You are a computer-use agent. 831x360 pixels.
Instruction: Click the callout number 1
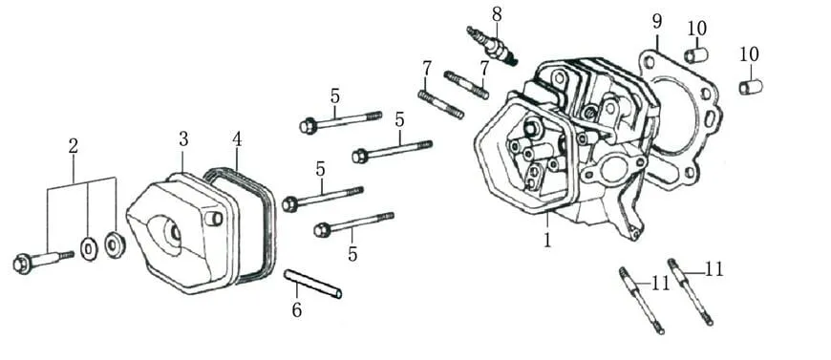pyautogui.click(x=546, y=239)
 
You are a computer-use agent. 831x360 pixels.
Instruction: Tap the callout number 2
pyautogui.click(x=74, y=146)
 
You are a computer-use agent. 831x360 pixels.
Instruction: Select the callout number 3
pyautogui.click(x=183, y=138)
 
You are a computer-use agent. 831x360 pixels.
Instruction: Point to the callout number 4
pyautogui.click(x=237, y=138)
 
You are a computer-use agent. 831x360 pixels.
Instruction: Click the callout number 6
pyautogui.click(x=297, y=309)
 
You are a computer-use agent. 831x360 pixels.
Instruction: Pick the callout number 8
pyautogui.click(x=497, y=14)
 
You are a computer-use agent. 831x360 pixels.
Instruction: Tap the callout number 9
pyautogui.click(x=657, y=22)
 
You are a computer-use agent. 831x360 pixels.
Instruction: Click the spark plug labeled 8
pyautogui.click(x=492, y=46)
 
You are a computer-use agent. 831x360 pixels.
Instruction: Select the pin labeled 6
pyautogui.click(x=312, y=285)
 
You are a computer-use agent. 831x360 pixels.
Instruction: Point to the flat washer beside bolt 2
pyautogui.click(x=89, y=249)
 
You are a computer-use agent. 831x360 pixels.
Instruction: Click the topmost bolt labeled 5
pyautogui.click(x=340, y=121)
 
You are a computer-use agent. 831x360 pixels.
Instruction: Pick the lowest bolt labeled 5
pyautogui.click(x=353, y=223)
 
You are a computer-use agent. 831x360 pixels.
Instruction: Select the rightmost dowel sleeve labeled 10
pyautogui.click(x=751, y=86)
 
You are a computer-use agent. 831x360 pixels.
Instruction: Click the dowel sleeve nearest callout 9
pyautogui.click(x=696, y=54)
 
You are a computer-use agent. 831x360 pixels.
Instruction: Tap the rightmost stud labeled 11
pyautogui.click(x=690, y=291)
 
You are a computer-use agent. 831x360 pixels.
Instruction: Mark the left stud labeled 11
pyautogui.click(x=641, y=301)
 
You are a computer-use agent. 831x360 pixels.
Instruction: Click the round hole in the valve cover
pyautogui.click(x=173, y=232)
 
